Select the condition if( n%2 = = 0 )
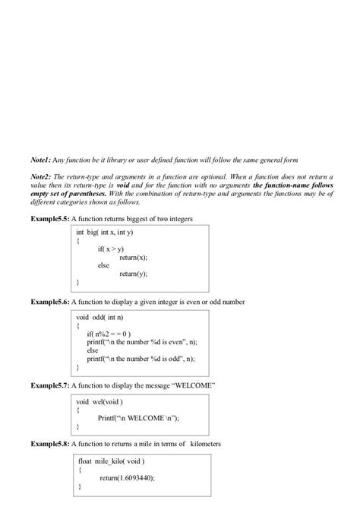point(109,333)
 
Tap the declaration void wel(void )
point(99,401)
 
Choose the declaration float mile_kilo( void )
point(111,461)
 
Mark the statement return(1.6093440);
point(131,477)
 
